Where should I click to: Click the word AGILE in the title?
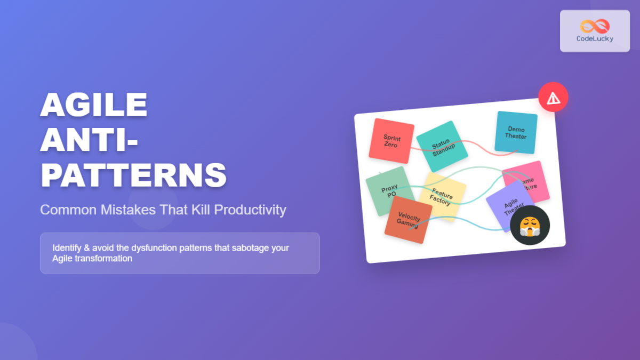[94, 105]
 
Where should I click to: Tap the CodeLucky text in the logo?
[595, 38]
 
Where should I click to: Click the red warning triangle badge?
[553, 98]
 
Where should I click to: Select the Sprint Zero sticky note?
[391, 141]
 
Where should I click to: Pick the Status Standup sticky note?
[442, 146]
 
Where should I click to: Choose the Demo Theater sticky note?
[516, 132]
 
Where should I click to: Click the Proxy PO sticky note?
[388, 190]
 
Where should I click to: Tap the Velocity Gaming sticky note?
[409, 220]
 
